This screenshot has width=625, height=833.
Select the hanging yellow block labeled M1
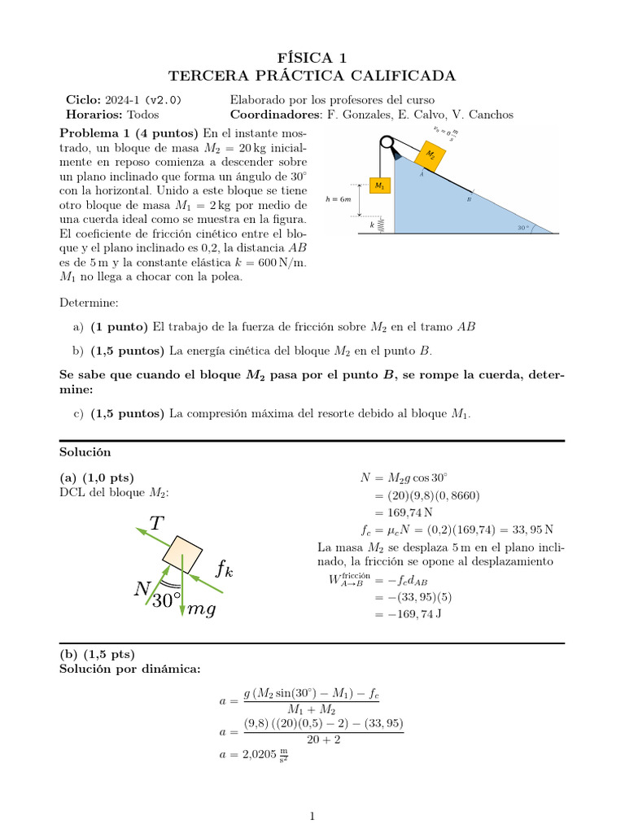pyautogui.click(x=379, y=186)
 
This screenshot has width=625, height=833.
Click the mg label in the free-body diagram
pyautogui.click(x=201, y=609)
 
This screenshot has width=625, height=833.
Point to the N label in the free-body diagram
pyautogui.click(x=141, y=589)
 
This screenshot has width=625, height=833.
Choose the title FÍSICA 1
pyautogui.click(x=312, y=57)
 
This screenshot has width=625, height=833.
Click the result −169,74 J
pyautogui.click(x=408, y=614)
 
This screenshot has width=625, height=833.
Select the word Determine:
pyautogui.click(x=89, y=303)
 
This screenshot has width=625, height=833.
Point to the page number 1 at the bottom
pyautogui.click(x=312, y=816)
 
